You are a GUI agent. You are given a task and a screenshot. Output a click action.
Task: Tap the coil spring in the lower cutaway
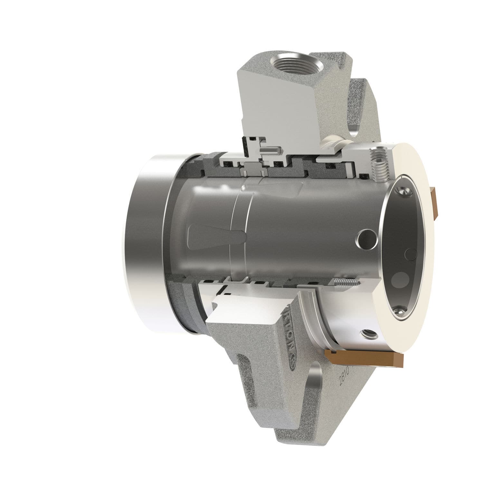[346, 282]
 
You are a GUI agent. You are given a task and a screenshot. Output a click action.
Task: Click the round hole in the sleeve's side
[365, 239]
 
